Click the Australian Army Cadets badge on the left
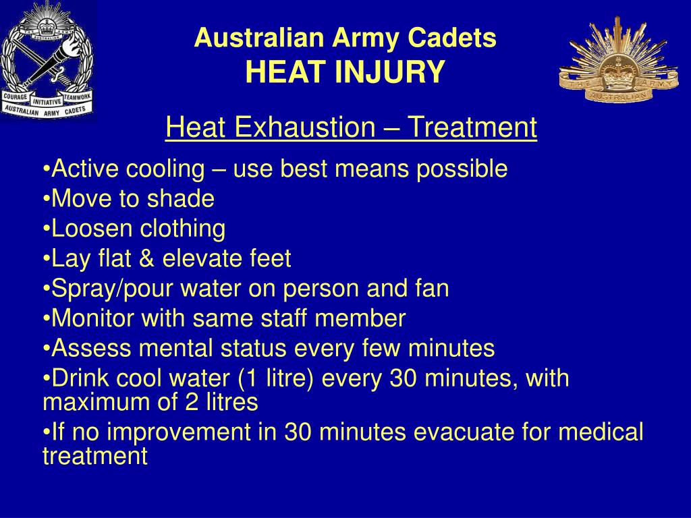tap(47, 61)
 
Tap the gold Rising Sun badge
tap(617, 61)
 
